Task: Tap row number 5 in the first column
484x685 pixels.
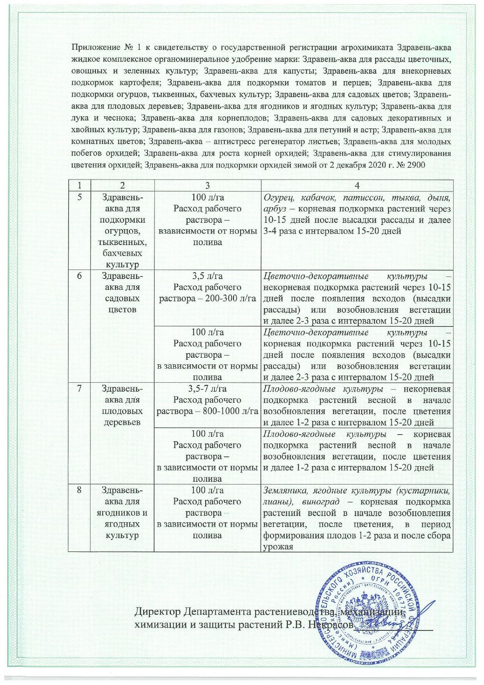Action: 79,197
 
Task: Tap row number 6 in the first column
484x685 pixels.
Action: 79,276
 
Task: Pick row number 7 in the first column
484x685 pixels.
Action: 79,389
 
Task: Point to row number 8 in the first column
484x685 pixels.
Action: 79,490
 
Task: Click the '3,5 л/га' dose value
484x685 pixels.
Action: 208,276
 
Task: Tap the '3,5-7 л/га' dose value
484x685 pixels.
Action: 208,389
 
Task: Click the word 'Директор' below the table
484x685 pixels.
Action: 158,610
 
